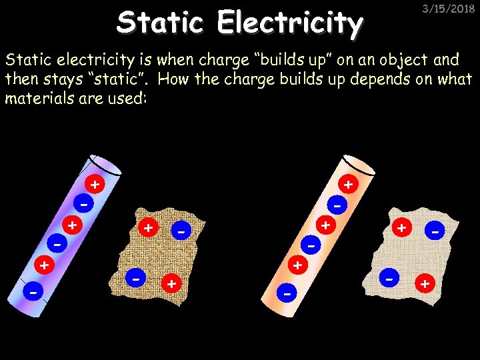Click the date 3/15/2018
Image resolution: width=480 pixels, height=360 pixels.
(449, 9)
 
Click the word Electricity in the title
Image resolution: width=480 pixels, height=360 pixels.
(290, 24)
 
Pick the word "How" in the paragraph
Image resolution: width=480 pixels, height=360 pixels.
(175, 80)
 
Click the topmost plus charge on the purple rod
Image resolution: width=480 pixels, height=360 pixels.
(96, 183)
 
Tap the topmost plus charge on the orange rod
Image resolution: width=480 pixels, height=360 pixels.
(348, 183)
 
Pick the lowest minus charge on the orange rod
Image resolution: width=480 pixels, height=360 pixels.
(287, 292)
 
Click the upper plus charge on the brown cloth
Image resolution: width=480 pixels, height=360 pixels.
(148, 228)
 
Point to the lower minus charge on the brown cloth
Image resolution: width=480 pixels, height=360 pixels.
(135, 275)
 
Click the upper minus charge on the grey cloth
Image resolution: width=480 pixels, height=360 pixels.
(435, 231)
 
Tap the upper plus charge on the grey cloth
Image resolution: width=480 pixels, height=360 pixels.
(401, 228)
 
